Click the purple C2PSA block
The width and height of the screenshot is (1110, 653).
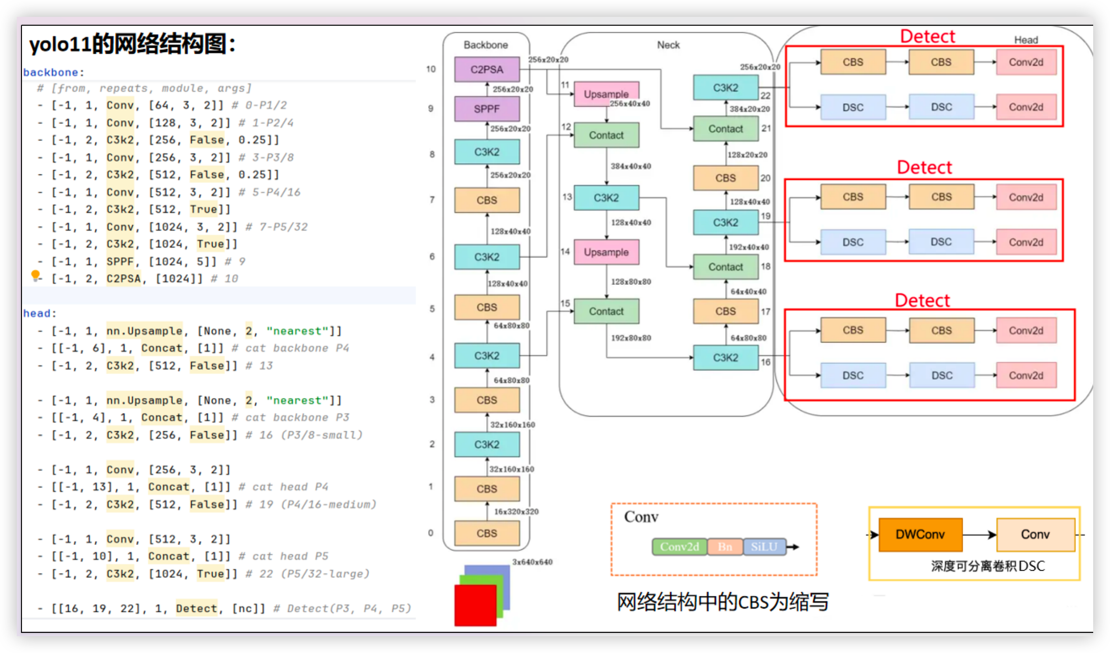point(487,70)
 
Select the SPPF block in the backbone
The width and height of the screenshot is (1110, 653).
point(487,109)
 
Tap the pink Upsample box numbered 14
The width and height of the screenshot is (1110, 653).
point(606,252)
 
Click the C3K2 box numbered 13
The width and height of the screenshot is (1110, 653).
point(606,198)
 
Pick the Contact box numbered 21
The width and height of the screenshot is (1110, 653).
point(725,129)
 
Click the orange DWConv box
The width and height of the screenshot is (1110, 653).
point(920,535)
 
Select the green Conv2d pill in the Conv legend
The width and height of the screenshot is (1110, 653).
point(679,547)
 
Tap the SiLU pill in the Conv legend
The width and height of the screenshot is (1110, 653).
point(764,547)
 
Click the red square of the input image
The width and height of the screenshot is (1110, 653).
point(475,605)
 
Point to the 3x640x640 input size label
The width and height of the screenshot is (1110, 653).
point(532,562)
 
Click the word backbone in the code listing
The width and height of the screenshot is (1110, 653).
point(50,73)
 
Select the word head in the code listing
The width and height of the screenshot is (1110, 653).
point(36,313)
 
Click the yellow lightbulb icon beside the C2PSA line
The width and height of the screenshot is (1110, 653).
point(35,275)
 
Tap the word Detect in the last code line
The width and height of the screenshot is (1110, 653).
point(196,609)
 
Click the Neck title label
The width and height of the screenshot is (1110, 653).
point(668,45)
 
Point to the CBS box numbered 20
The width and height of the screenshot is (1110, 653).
point(725,178)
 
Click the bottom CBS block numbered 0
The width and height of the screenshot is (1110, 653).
point(487,533)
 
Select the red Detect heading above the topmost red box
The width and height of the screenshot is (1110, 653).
point(927,36)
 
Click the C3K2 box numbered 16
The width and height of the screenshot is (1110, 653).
point(725,358)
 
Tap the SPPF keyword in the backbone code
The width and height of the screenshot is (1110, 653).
point(120,261)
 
